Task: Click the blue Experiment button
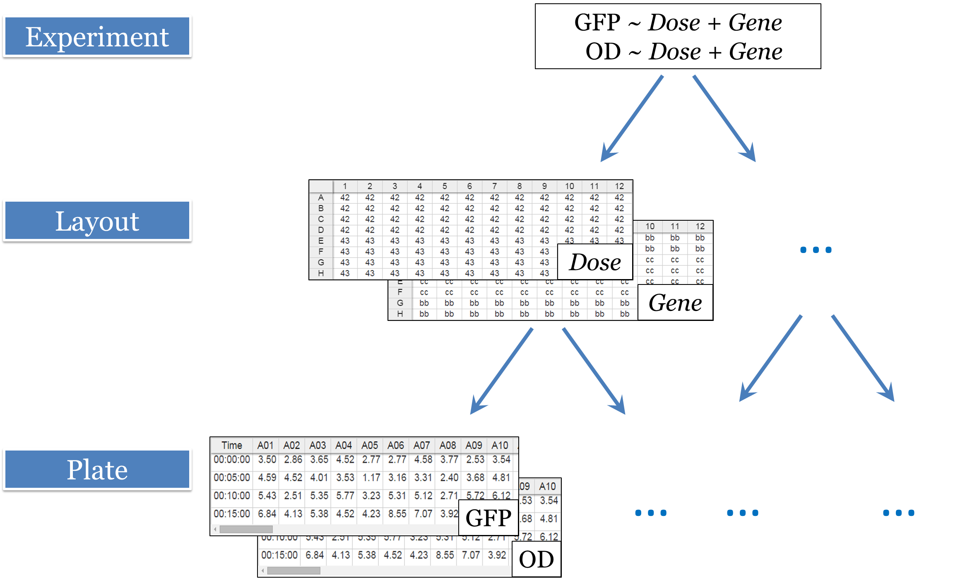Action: point(97,37)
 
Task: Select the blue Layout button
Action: point(97,221)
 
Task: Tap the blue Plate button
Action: point(97,470)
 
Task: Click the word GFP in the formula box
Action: point(597,22)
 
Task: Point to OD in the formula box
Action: point(603,52)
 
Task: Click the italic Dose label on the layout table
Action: point(595,262)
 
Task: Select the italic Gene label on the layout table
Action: point(675,303)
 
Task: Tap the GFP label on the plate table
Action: point(489,518)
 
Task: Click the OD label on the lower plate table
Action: point(536,559)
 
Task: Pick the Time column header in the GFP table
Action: point(231,446)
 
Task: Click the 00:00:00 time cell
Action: point(231,460)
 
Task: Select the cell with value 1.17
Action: point(371,478)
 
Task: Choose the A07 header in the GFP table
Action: point(421,446)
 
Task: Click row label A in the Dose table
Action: point(320,198)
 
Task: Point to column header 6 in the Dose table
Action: point(469,186)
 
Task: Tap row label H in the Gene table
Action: point(399,314)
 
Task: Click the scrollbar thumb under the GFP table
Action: point(246,529)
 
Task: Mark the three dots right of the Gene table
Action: point(816,250)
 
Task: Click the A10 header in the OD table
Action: point(547,487)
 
